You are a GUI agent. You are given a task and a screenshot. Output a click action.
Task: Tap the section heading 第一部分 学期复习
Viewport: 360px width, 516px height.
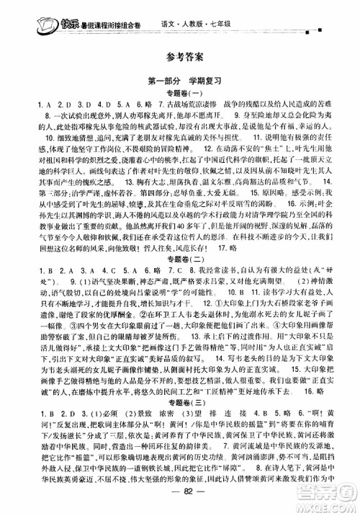tap(180, 81)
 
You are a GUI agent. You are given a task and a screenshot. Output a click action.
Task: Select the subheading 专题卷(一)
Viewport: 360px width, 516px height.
tap(180, 94)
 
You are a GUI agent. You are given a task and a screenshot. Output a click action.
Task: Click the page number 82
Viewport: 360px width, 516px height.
tap(180, 506)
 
